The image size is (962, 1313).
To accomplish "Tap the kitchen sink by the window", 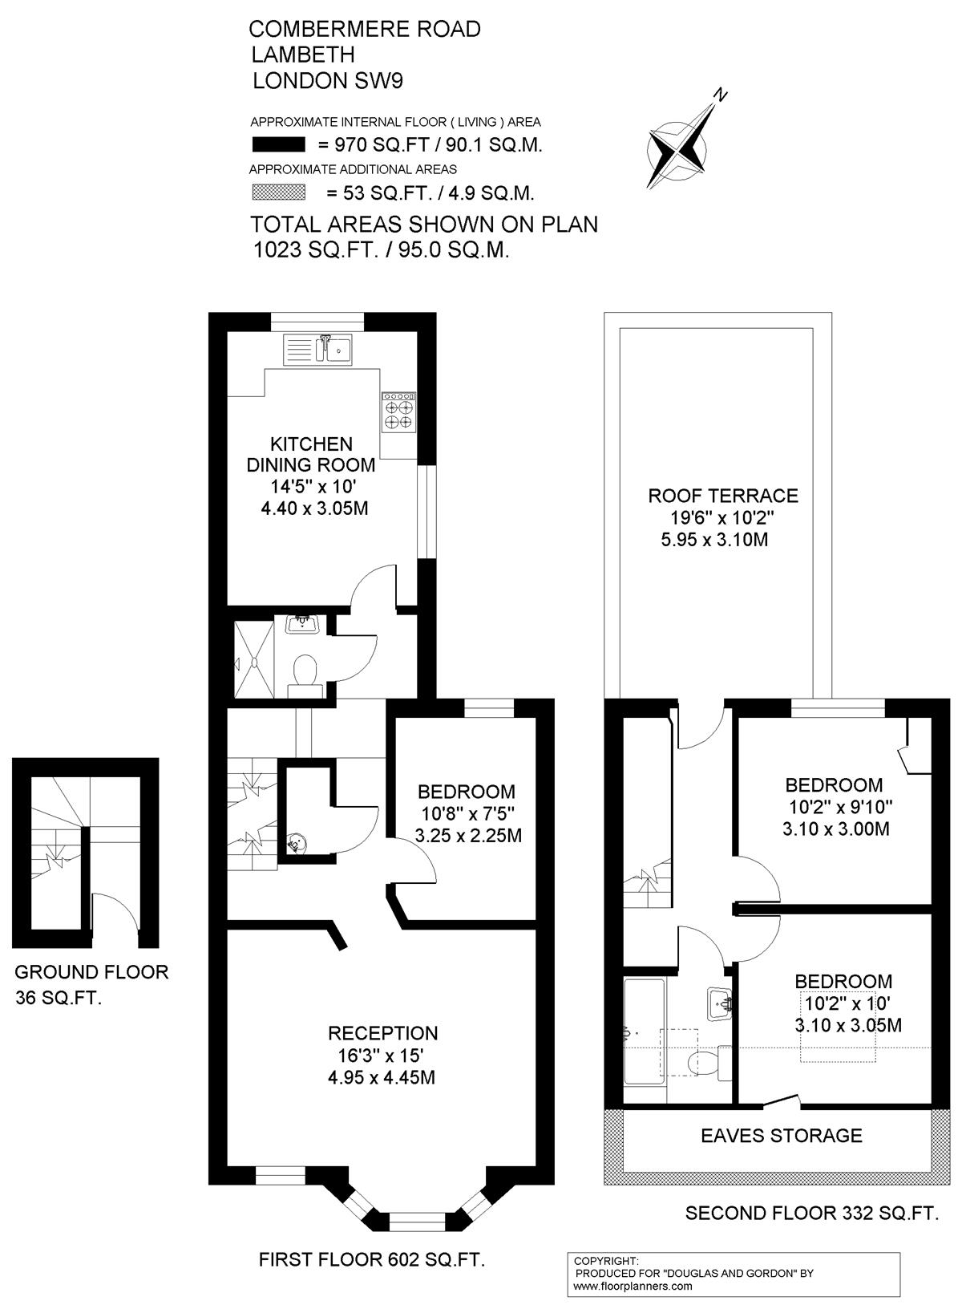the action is [317, 350].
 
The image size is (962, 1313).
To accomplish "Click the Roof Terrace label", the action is [722, 496].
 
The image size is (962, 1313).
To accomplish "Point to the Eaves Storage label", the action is [782, 1136].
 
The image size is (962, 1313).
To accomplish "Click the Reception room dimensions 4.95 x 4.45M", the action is [382, 1077].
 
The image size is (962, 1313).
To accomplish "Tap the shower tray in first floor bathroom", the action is [253, 659].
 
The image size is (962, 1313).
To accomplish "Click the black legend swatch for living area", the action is [278, 144].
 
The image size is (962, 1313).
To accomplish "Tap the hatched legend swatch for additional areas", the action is [278, 192].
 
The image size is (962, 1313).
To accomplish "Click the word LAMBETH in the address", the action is [303, 55].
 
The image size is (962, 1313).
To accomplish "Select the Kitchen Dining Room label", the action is [311, 454].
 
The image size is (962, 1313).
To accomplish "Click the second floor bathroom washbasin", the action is [720, 1005].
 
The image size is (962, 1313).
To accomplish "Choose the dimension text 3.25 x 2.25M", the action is [468, 835].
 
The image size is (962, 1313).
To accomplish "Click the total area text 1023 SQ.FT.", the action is [314, 250].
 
